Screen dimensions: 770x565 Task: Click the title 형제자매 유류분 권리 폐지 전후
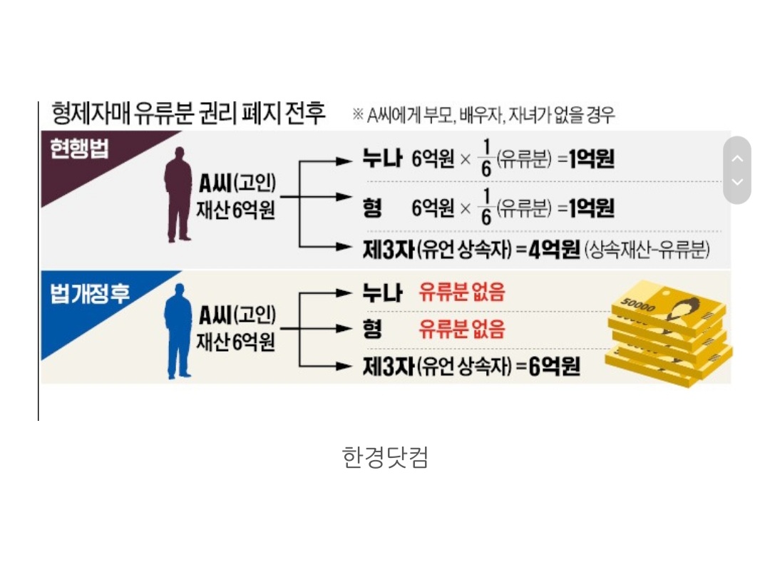tap(189, 113)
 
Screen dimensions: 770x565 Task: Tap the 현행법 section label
tap(78, 149)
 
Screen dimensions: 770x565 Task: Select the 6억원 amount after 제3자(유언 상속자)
tap(555, 367)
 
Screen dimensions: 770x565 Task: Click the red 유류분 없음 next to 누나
tap(462, 292)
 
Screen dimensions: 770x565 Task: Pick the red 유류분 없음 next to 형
tap(462, 329)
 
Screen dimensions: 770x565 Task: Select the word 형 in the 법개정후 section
tap(372, 329)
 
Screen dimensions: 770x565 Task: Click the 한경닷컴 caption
tap(385, 457)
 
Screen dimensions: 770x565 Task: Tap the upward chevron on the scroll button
tap(737, 158)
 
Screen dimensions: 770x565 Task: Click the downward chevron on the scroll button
tap(737, 182)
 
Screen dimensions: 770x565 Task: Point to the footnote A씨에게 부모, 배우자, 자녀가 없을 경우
tap(484, 115)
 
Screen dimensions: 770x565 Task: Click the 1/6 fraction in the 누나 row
tap(486, 161)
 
